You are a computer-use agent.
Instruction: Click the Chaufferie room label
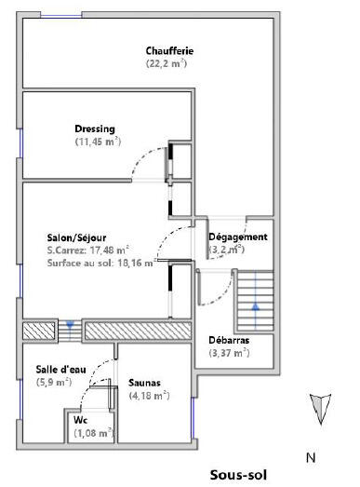169,50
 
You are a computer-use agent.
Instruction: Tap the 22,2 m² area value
167,63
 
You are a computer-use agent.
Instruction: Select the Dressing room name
95,129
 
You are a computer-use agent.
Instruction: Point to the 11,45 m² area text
98,142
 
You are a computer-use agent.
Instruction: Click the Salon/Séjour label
76,237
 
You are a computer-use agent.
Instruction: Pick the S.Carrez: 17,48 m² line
88,250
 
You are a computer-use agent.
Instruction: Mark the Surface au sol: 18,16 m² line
100,263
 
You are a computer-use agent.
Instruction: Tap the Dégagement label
238,237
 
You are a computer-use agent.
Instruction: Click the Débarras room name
229,340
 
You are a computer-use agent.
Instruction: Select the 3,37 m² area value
230,353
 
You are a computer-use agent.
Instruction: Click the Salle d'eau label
60,370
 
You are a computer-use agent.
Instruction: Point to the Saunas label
144,383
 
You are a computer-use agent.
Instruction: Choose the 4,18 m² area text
149,396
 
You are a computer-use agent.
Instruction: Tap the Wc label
80,420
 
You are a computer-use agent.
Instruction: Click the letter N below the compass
311,457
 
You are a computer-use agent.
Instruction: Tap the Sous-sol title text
238,475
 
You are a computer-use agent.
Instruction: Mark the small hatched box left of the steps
39,331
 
